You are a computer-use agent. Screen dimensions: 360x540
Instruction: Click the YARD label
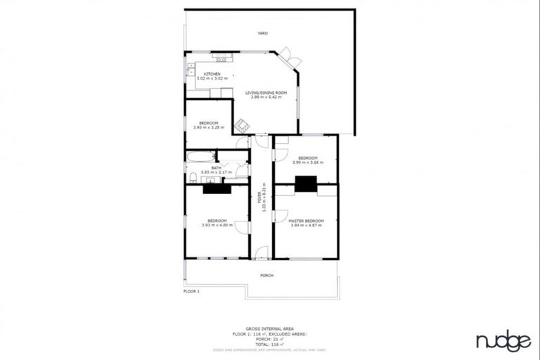pyautogui.click(x=262, y=33)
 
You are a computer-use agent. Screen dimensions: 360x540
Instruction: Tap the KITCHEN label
pyautogui.click(x=212, y=74)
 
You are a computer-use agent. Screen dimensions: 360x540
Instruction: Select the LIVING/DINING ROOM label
pyautogui.click(x=266, y=93)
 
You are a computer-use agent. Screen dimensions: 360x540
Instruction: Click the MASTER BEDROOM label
pyautogui.click(x=305, y=221)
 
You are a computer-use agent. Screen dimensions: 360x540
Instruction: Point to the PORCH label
pyautogui.click(x=266, y=275)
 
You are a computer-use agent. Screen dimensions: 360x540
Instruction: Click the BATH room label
pyautogui.click(x=216, y=167)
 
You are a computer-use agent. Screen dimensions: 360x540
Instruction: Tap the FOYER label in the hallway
pyautogui.click(x=259, y=197)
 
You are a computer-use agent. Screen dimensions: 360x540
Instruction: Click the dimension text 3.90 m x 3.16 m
pyautogui.click(x=308, y=162)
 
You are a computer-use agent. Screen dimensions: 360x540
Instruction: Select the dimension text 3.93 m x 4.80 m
pyautogui.click(x=217, y=225)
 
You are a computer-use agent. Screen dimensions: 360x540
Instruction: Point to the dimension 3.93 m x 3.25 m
pyautogui.click(x=208, y=127)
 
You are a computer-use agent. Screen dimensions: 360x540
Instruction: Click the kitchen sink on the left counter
pyautogui.click(x=190, y=70)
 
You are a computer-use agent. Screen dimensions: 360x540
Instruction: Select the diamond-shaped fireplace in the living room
pyautogui.click(x=241, y=125)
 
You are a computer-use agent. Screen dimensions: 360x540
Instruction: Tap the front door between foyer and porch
pyautogui.click(x=261, y=252)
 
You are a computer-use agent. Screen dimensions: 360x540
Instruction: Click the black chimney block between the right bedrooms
pyautogui.click(x=306, y=184)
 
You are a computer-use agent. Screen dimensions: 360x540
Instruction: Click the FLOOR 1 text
pyautogui.click(x=192, y=290)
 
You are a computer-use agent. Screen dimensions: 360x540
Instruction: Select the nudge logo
pyautogui.click(x=503, y=342)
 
